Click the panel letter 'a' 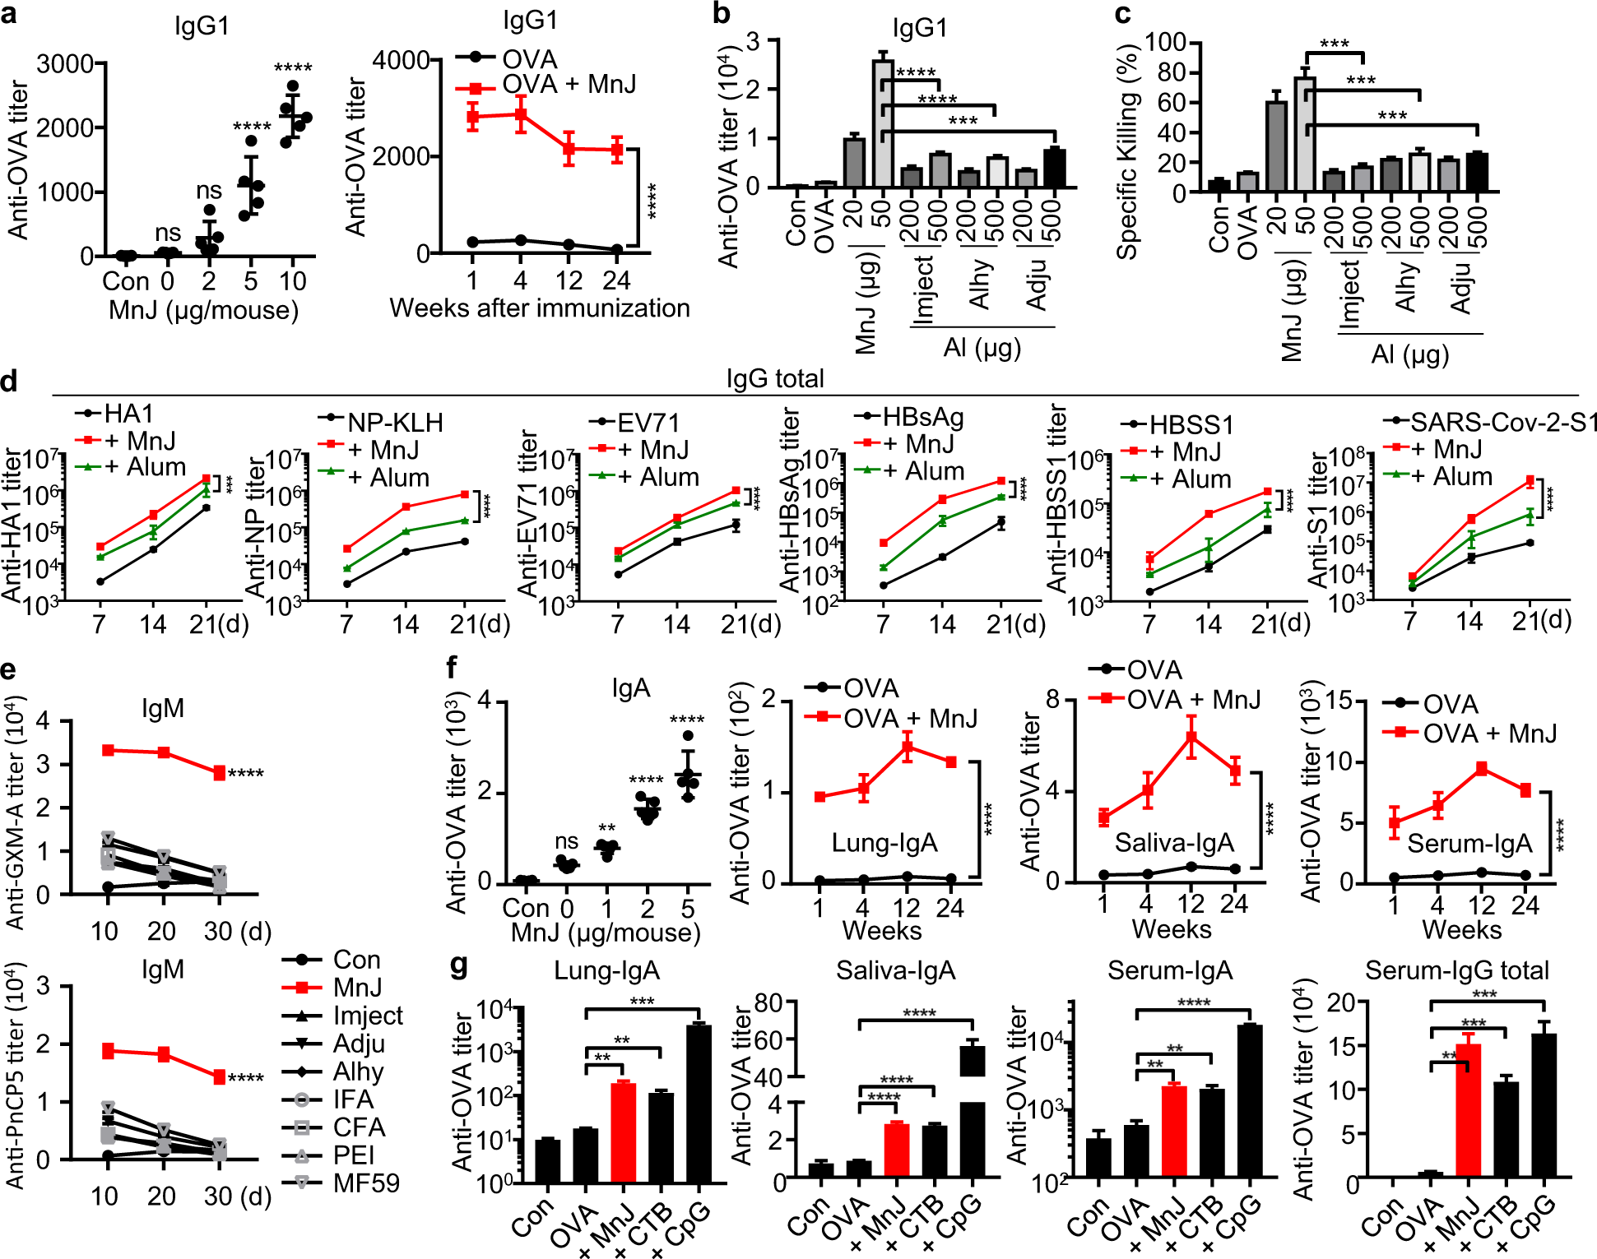tap(10, 15)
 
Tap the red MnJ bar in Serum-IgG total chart tap(1469, 1113)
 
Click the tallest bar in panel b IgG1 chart tap(883, 123)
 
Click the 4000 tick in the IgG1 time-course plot tap(401, 60)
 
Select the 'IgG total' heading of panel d tap(774, 378)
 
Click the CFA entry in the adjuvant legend tap(359, 1127)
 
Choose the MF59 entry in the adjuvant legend tap(365, 1183)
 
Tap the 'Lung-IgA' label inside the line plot tap(884, 843)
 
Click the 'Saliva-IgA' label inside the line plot tap(1174, 843)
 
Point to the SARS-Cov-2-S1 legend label tap(1504, 423)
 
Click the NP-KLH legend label tap(395, 423)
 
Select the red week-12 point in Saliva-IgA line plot tap(1191, 737)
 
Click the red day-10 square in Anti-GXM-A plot tap(108, 750)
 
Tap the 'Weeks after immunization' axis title tap(540, 308)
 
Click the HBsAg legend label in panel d tap(922, 417)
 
